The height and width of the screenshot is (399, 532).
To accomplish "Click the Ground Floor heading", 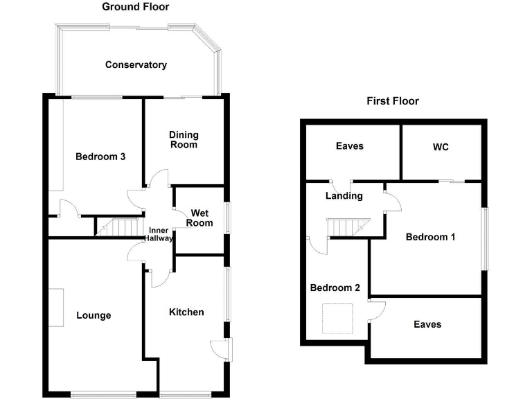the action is (135, 7).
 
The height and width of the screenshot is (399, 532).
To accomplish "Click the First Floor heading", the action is (393, 100).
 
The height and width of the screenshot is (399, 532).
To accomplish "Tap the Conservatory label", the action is (136, 65).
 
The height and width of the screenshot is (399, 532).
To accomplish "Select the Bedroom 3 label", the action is (100, 157).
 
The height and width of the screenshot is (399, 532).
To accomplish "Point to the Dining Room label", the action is (184, 140).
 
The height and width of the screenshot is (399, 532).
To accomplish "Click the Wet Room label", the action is (199, 218).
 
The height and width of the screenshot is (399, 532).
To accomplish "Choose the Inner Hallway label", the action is (159, 234).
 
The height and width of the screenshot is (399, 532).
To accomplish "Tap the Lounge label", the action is (94, 316).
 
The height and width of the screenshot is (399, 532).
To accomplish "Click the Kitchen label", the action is (186, 312).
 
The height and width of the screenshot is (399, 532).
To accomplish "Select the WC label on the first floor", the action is (441, 147).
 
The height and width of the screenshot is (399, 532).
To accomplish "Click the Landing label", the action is (344, 196).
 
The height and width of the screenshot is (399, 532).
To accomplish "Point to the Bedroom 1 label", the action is (430, 237).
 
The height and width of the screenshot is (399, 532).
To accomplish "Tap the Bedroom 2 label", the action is (335, 287).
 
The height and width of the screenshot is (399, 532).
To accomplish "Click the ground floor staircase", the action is (118, 227).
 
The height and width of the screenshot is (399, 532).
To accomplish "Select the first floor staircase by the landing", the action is (348, 227).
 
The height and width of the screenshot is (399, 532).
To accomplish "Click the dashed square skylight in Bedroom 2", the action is (337, 319).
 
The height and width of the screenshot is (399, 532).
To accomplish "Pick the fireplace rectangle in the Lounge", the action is (56, 308).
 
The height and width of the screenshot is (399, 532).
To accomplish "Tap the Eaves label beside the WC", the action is (349, 146).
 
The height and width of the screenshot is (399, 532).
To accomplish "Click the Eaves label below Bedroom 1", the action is (427, 324).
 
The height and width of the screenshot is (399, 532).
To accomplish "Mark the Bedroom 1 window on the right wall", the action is (486, 239).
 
